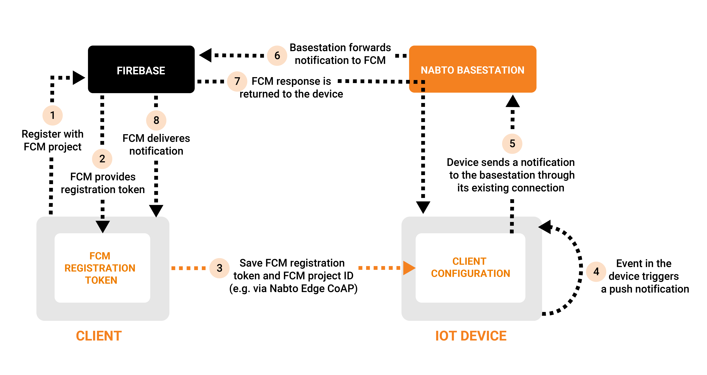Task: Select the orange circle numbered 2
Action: tap(102, 159)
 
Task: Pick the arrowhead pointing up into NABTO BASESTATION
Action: tap(512, 101)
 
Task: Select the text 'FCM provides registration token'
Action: tap(103, 183)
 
